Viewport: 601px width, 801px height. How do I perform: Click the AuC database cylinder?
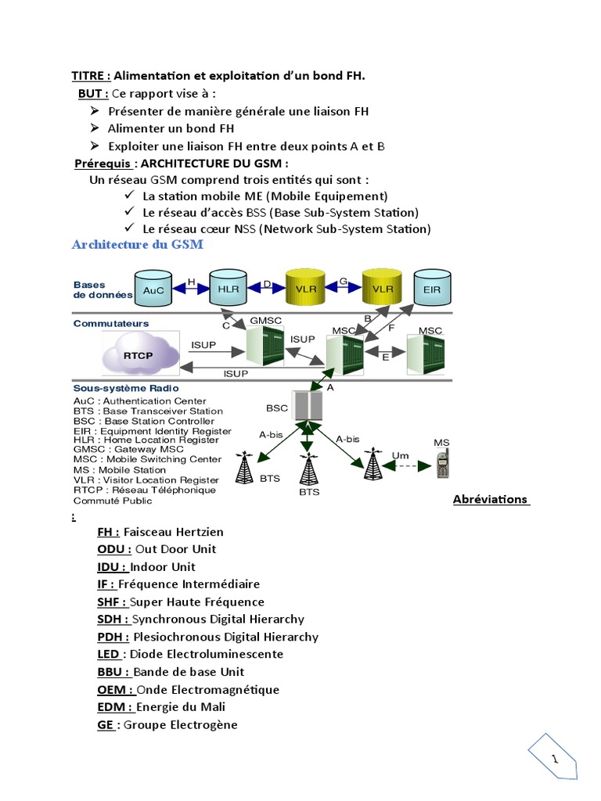(x=155, y=289)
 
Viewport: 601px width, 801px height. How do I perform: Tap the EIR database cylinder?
(x=432, y=289)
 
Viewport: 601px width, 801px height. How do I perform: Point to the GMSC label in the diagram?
(x=265, y=321)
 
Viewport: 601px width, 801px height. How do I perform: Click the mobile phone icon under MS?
(x=441, y=465)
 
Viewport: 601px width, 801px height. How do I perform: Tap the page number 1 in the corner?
(x=555, y=759)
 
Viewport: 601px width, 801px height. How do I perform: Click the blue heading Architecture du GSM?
(x=137, y=245)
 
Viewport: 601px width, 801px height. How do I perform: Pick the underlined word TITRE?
(x=91, y=76)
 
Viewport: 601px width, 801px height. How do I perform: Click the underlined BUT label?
(x=93, y=94)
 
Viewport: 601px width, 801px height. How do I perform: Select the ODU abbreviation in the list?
(x=114, y=549)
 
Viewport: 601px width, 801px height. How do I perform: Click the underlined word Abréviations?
(x=491, y=499)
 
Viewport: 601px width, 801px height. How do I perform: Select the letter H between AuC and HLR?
(x=192, y=282)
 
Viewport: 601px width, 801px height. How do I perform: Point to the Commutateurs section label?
(x=111, y=323)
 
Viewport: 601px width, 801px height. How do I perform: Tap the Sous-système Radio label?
(x=126, y=388)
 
